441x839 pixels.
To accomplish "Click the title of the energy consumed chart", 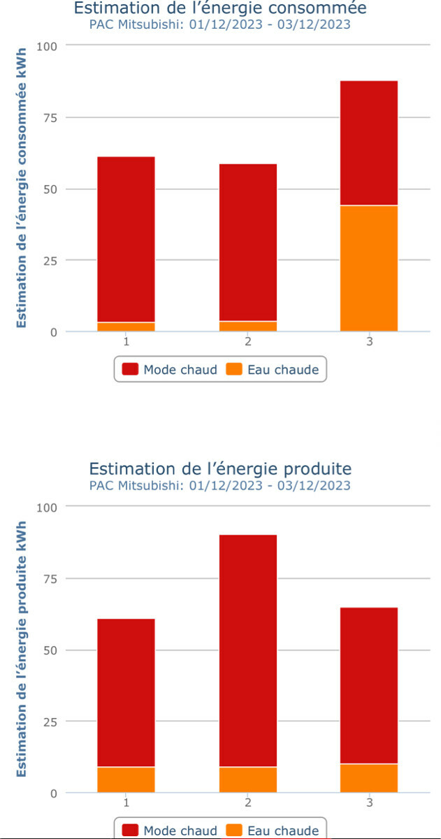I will coord(220,8).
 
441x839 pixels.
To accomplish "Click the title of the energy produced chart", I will coord(220,468).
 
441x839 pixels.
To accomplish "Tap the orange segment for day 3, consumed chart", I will coord(369,268).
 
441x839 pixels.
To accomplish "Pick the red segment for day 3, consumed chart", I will coord(369,143).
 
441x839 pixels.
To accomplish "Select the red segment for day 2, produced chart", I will coord(248,651).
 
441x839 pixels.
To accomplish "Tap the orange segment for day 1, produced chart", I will coord(126,780).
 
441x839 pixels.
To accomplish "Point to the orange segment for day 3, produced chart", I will coord(369,778).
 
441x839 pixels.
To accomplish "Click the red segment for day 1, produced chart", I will coord(126,693).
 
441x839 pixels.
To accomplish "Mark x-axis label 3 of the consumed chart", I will coord(369,342).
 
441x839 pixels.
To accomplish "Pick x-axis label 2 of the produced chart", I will coord(248,803).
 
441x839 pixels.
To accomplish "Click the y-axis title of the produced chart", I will coord(21,649).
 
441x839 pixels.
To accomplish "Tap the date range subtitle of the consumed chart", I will coord(220,24).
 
